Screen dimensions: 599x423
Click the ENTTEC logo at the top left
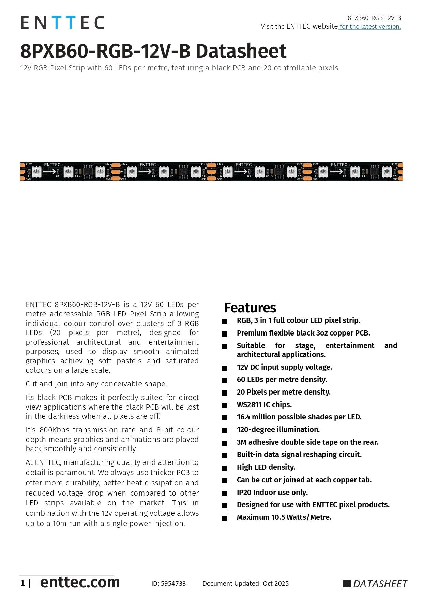point(62,23)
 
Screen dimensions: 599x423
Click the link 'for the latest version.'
point(370,27)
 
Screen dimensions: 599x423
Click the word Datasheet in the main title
point(241,51)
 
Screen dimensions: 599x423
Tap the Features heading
point(250,308)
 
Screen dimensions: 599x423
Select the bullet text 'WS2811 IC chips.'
point(264,404)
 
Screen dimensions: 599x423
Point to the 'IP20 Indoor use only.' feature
point(272,492)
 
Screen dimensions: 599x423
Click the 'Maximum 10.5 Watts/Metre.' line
point(284,517)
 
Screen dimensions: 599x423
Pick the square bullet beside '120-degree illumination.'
point(224,430)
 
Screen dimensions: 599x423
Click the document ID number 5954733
point(173,583)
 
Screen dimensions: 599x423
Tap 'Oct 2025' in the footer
point(275,583)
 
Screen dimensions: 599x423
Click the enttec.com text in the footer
point(80,582)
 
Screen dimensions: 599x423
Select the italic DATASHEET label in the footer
point(380,584)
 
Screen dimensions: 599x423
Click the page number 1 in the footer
point(22,583)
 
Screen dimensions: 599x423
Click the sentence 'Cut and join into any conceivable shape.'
point(96,384)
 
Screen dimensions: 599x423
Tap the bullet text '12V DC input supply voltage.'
point(284,367)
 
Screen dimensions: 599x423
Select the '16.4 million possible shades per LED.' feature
point(299,417)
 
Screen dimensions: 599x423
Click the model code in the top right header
point(374,18)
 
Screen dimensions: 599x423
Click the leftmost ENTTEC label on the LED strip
point(52,165)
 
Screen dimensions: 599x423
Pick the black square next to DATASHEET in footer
point(347,583)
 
